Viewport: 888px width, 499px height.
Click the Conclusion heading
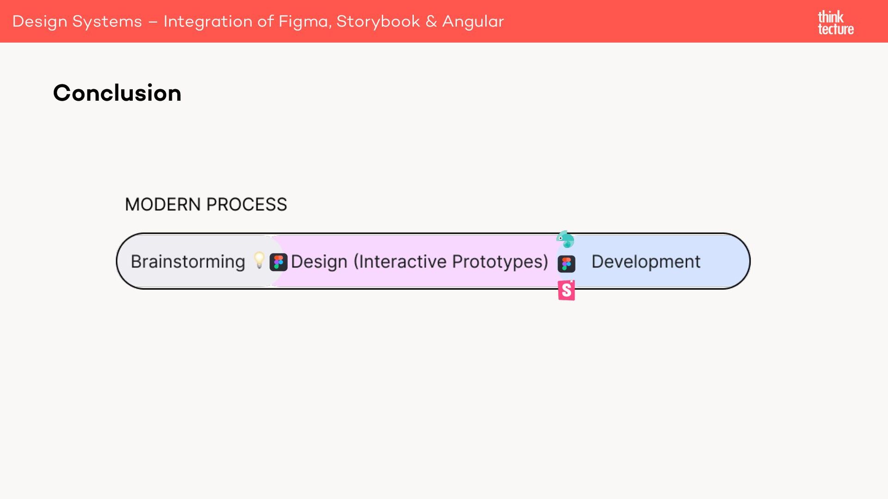(x=117, y=93)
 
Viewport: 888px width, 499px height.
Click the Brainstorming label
(x=188, y=262)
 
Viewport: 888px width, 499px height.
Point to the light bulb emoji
(x=259, y=260)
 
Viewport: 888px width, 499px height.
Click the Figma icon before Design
(x=278, y=262)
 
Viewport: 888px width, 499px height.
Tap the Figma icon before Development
(x=567, y=264)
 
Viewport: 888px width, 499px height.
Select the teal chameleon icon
(x=566, y=239)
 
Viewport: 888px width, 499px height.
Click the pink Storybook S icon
(x=567, y=291)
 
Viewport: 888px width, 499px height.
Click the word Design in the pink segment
(x=319, y=262)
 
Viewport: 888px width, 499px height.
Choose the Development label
(x=646, y=262)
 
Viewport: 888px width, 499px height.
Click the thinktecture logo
(x=835, y=23)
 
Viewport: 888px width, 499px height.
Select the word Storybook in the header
(x=378, y=22)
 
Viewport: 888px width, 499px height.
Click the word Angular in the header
(x=473, y=22)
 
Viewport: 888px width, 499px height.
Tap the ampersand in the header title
(x=431, y=22)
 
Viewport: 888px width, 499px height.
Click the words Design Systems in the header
(x=77, y=22)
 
